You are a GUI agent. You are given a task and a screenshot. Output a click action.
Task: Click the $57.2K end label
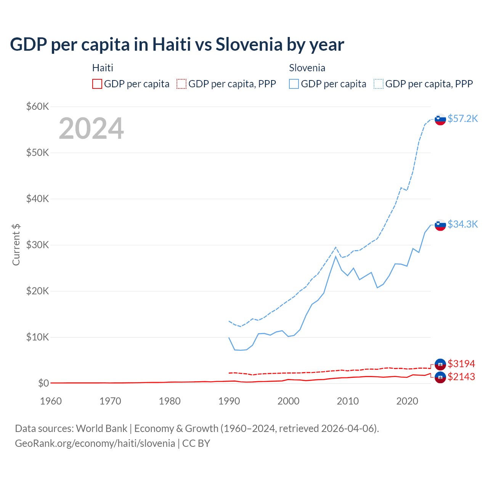[462, 119]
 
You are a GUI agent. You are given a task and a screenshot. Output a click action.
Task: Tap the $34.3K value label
[462, 224]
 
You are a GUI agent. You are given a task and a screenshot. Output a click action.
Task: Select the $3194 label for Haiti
[461, 364]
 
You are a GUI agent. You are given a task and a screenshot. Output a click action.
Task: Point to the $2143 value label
[461, 377]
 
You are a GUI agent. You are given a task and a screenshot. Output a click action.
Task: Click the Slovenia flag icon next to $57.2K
[440, 119]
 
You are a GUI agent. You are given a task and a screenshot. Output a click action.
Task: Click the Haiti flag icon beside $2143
[440, 377]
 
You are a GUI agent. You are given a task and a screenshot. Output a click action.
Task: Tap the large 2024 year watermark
[91, 128]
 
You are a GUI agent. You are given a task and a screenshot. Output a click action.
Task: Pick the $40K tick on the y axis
[37, 199]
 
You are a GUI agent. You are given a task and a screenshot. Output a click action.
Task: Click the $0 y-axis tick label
[43, 383]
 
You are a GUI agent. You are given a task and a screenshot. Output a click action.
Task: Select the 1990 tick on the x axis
[229, 401]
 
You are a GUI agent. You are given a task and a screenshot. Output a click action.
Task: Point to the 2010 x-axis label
[348, 401]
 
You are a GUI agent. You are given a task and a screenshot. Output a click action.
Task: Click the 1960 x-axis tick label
[51, 401]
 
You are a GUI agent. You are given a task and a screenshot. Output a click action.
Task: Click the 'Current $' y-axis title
[16, 245]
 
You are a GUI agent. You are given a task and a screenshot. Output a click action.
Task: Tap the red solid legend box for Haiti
[97, 84]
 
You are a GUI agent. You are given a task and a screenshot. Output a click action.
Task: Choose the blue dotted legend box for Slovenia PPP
[379, 84]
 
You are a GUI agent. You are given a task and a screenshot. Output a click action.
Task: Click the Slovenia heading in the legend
[307, 68]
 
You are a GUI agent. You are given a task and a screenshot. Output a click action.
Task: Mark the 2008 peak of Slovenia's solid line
[335, 256]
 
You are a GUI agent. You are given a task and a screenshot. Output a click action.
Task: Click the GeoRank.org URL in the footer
[95, 443]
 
